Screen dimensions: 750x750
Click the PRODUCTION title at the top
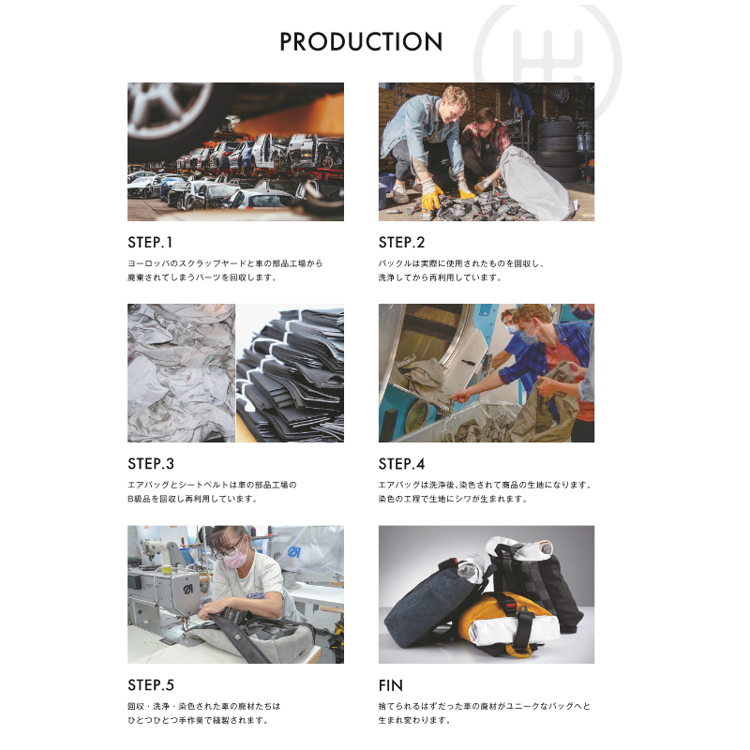point(361,41)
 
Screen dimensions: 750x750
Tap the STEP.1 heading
point(150,243)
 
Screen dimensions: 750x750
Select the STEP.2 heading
point(401,243)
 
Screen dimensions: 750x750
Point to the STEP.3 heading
point(151,463)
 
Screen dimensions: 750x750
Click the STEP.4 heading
point(401,463)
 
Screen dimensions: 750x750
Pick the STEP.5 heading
point(151,685)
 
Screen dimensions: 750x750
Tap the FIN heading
point(390,685)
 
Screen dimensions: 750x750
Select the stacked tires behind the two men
point(556,149)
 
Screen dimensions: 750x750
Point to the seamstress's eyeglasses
point(230,547)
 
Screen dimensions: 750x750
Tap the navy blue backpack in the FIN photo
point(433,602)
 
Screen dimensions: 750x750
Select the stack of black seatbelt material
point(290,373)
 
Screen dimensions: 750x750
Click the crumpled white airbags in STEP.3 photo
point(181,373)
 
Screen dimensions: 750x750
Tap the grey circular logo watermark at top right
point(547,62)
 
